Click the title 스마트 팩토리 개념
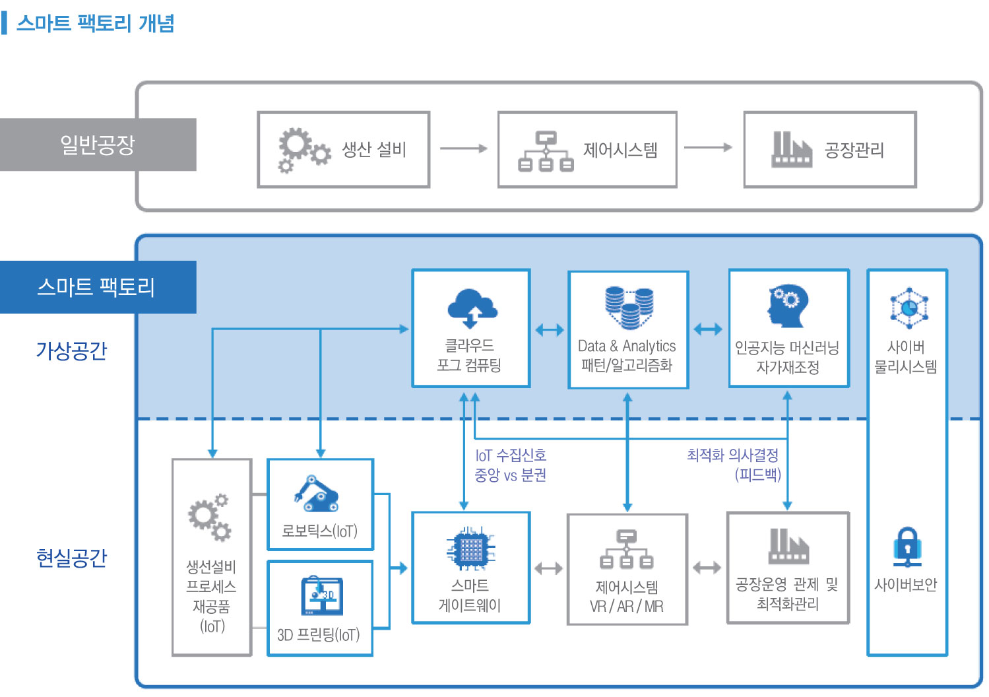tap(96, 23)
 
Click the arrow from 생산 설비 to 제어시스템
tap(464, 149)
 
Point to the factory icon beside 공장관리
tap(792, 149)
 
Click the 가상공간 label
tap(71, 350)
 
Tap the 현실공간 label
tap(71, 558)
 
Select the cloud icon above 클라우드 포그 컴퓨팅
tap(472, 308)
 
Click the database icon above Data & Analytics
tap(629, 308)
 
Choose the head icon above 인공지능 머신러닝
tap(788, 306)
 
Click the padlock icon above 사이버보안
tap(907, 547)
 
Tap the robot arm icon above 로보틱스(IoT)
tap(316, 494)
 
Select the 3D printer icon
tap(322, 595)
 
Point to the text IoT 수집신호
tap(511, 455)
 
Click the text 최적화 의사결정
tap(732, 455)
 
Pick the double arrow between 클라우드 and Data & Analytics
tap(549, 329)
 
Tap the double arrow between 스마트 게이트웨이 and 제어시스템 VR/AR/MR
tap(548, 568)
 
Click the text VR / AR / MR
tap(627, 607)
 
